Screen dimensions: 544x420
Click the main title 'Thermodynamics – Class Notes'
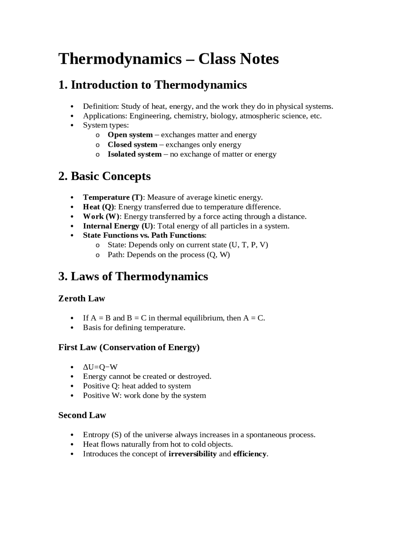pos(168,59)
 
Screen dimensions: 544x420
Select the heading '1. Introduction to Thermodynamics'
pos(152,85)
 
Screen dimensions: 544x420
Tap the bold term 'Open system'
pos(130,135)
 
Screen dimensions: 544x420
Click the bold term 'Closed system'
pos(132,145)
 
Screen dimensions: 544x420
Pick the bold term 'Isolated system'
pos(135,154)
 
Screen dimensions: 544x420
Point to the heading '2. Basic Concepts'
pos(104,176)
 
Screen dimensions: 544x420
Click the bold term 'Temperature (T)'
pos(113,197)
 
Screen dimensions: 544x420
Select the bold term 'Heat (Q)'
pos(98,207)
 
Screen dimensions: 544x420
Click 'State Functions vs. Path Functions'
pos(144,236)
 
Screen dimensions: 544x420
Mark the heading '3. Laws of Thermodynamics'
pos(133,277)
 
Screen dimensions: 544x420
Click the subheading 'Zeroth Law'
pos(81,299)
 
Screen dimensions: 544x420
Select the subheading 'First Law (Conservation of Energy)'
pos(129,348)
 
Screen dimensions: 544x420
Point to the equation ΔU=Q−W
pos(100,367)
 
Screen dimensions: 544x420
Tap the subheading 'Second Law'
pos(82,416)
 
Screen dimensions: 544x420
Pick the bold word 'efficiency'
pos(250,454)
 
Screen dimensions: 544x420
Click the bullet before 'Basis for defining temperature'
pos(72,328)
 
